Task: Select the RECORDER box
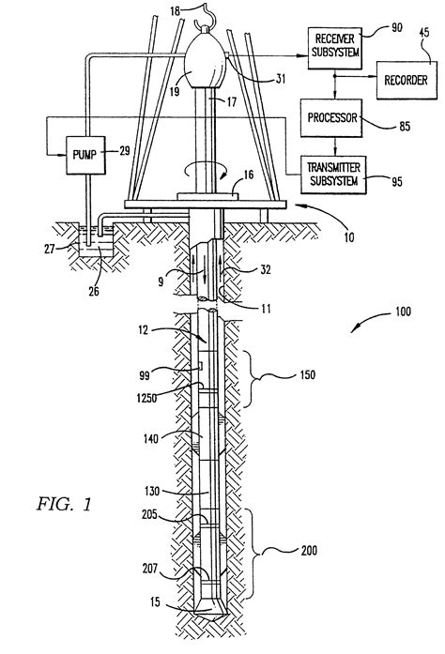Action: pos(405,81)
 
